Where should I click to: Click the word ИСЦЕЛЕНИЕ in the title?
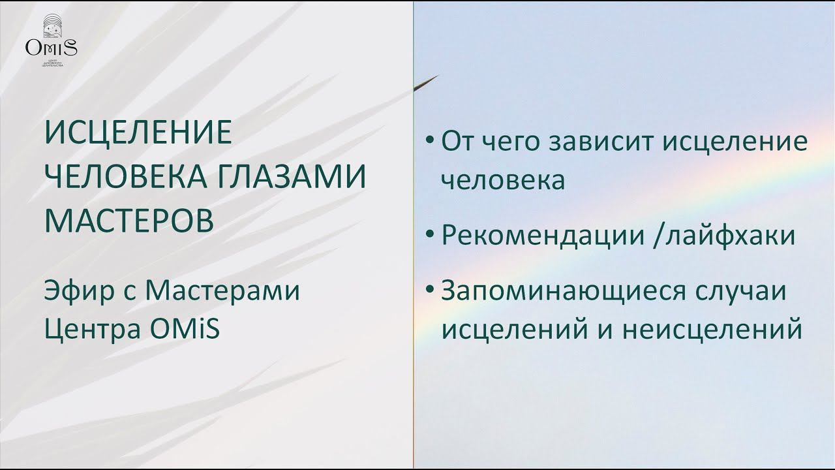pos(138,133)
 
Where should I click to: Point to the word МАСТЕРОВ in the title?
pos(129,220)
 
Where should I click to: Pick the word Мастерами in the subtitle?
pos(222,290)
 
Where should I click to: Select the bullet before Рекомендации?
pos(429,234)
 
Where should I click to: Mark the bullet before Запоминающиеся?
pos(429,289)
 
